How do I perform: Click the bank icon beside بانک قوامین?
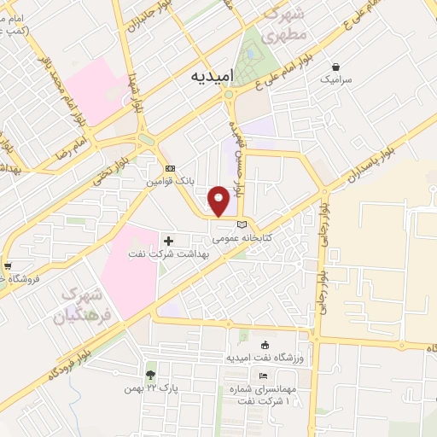170,169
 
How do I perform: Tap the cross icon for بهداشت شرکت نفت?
168,242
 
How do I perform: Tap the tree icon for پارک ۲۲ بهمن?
151,375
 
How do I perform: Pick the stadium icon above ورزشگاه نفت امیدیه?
264,344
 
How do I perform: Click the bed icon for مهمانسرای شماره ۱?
263,376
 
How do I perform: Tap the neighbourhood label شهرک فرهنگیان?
90,308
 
